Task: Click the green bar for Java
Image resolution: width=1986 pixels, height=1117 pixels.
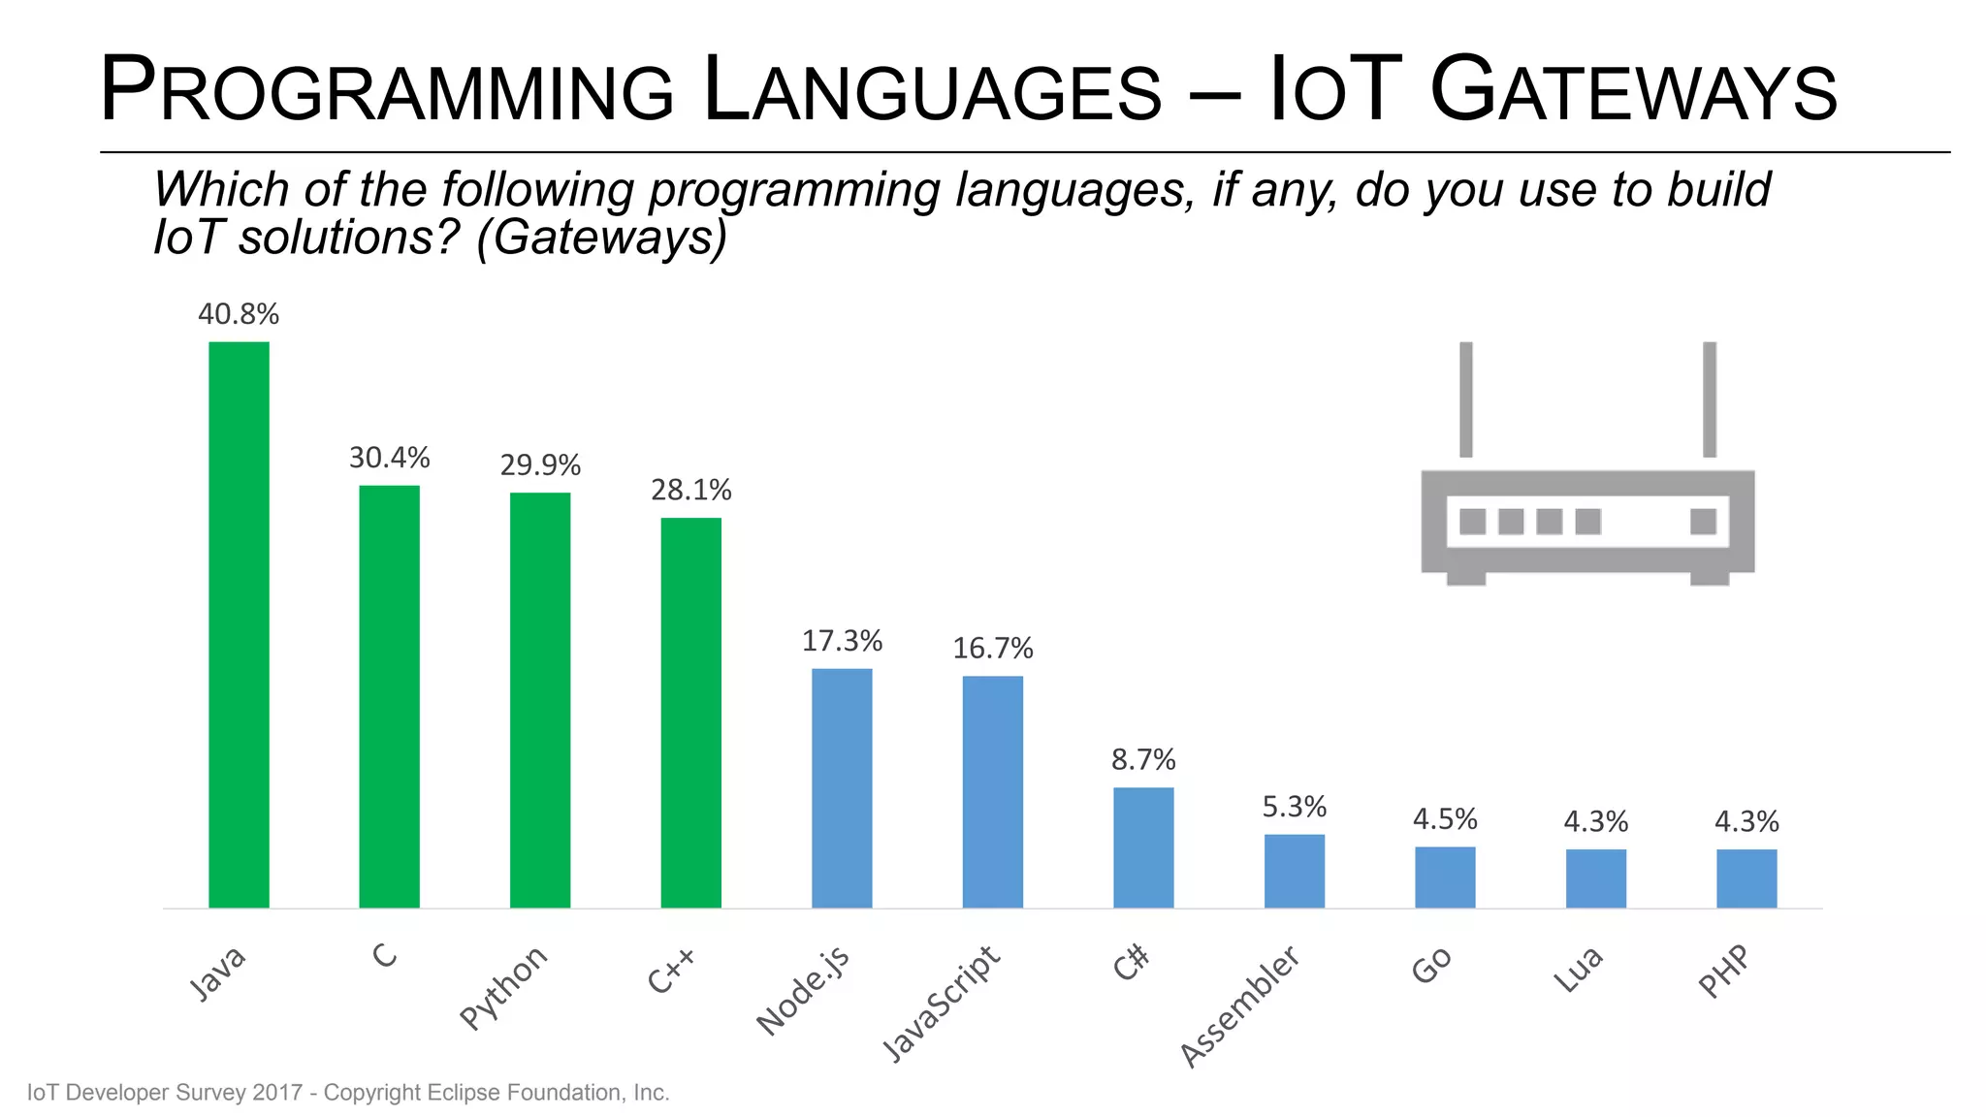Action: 239,624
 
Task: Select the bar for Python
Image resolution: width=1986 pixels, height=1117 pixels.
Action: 540,700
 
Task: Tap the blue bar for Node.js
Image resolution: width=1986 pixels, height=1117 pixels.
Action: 842,787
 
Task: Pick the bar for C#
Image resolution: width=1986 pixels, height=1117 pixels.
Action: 1143,846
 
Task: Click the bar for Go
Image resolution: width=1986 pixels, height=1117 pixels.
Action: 1445,877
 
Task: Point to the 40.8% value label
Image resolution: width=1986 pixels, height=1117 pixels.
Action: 239,314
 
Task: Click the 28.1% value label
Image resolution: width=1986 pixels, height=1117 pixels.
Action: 690,490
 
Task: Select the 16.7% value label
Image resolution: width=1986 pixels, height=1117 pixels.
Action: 993,648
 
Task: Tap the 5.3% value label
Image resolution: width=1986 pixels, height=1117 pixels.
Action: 1294,807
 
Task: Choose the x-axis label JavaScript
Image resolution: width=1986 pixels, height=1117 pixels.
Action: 941,1003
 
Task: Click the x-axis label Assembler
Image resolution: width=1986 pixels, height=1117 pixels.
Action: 1239,1006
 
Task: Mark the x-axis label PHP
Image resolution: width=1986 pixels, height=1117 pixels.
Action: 1724,972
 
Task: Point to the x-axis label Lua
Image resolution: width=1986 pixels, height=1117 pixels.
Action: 1578,970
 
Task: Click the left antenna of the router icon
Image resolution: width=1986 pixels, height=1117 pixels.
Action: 1466,399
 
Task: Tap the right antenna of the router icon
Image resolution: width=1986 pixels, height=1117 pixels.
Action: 1710,399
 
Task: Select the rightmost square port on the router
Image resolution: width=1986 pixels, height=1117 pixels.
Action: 1703,522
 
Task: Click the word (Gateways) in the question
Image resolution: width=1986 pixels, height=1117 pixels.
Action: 601,238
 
